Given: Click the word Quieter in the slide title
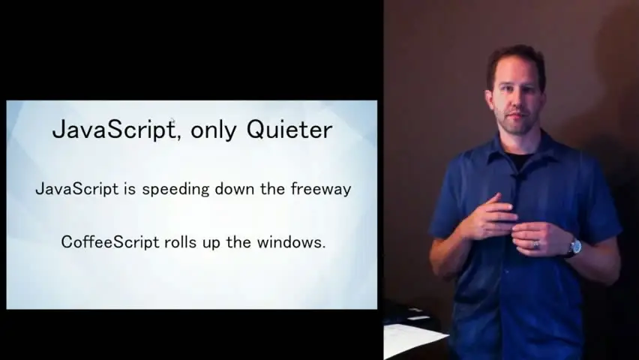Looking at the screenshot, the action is coord(289,130).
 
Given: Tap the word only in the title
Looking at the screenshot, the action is coord(213,131).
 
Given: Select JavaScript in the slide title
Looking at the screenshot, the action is coord(114,130).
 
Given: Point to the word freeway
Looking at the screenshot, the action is coord(321,190).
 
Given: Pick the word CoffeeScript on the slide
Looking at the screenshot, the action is coord(110,242).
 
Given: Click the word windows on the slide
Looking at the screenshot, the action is coord(291,242).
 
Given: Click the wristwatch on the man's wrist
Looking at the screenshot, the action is coord(574,247).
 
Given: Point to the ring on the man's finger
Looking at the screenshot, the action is coord(536,244).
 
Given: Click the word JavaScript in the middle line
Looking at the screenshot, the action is coord(77,190).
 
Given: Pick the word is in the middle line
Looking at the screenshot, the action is coord(130,189).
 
